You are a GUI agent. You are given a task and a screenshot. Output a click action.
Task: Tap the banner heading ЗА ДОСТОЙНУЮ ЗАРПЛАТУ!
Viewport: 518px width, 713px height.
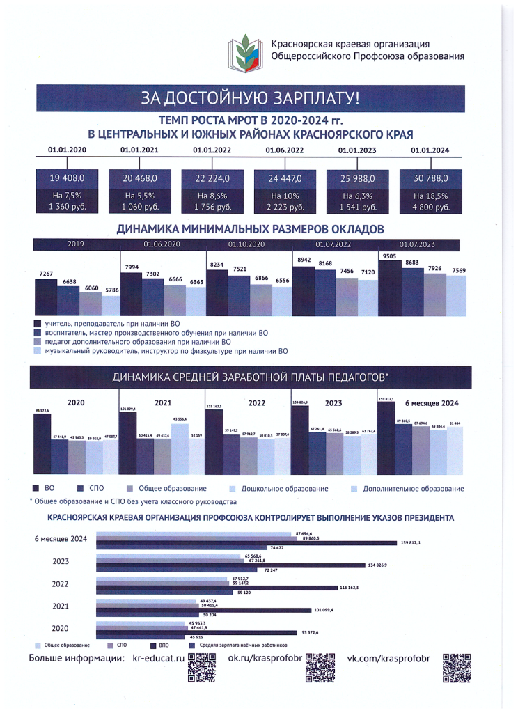251,97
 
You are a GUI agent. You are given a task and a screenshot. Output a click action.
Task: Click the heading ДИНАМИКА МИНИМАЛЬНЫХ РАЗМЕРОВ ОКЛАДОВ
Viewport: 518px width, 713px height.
250,228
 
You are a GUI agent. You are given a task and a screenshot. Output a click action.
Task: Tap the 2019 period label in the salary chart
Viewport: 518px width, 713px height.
76,244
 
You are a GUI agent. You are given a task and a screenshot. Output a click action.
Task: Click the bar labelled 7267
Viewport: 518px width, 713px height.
46,298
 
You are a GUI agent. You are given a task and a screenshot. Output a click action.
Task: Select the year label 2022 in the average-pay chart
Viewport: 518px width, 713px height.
257,402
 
